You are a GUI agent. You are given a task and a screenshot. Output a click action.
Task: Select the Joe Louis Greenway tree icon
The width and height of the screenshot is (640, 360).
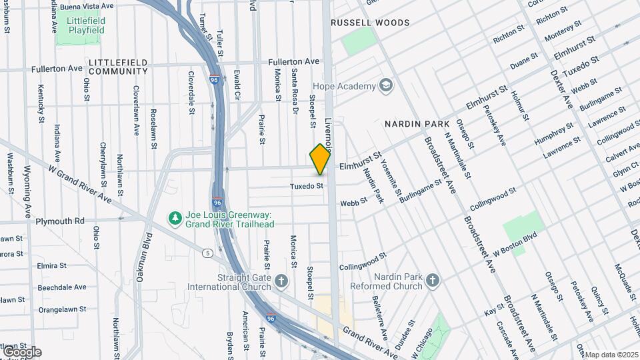click(x=175, y=219)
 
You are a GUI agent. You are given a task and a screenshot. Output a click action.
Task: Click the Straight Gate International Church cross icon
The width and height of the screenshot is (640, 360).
click(x=281, y=281)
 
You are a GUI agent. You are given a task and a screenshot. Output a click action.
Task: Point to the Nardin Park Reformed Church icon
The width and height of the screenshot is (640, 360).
click(x=433, y=281)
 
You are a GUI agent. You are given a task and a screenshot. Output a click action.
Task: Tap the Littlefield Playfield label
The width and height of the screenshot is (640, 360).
click(x=86, y=25)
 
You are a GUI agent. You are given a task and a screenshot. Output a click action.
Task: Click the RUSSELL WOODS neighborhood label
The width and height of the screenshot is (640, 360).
click(x=371, y=23)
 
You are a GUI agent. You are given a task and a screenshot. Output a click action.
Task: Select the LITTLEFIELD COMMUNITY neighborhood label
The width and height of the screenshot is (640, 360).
click(x=118, y=66)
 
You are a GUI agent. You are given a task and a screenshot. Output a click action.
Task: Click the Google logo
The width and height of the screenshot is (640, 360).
click(x=21, y=351)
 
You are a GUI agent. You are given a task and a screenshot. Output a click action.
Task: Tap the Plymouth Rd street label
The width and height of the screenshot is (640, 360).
click(x=60, y=221)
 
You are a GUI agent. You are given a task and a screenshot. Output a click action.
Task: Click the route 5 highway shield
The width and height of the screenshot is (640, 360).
click(x=209, y=253)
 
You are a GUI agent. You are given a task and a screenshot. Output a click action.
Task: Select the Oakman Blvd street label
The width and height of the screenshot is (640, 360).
click(x=141, y=257)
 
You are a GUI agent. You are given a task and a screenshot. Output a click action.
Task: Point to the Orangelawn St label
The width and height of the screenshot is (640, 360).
click(x=63, y=309)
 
